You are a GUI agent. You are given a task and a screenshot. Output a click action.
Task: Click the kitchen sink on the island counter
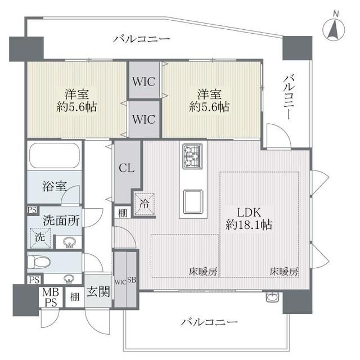point(193,199)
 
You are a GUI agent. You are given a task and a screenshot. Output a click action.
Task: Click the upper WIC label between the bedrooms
point(145,81)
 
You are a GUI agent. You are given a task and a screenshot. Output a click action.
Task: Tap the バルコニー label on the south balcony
point(209,323)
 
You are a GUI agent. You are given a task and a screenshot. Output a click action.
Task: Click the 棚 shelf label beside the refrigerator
point(122,213)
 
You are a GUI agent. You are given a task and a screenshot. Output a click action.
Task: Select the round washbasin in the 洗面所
point(70,242)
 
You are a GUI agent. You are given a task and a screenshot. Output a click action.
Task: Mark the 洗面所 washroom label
point(61,220)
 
